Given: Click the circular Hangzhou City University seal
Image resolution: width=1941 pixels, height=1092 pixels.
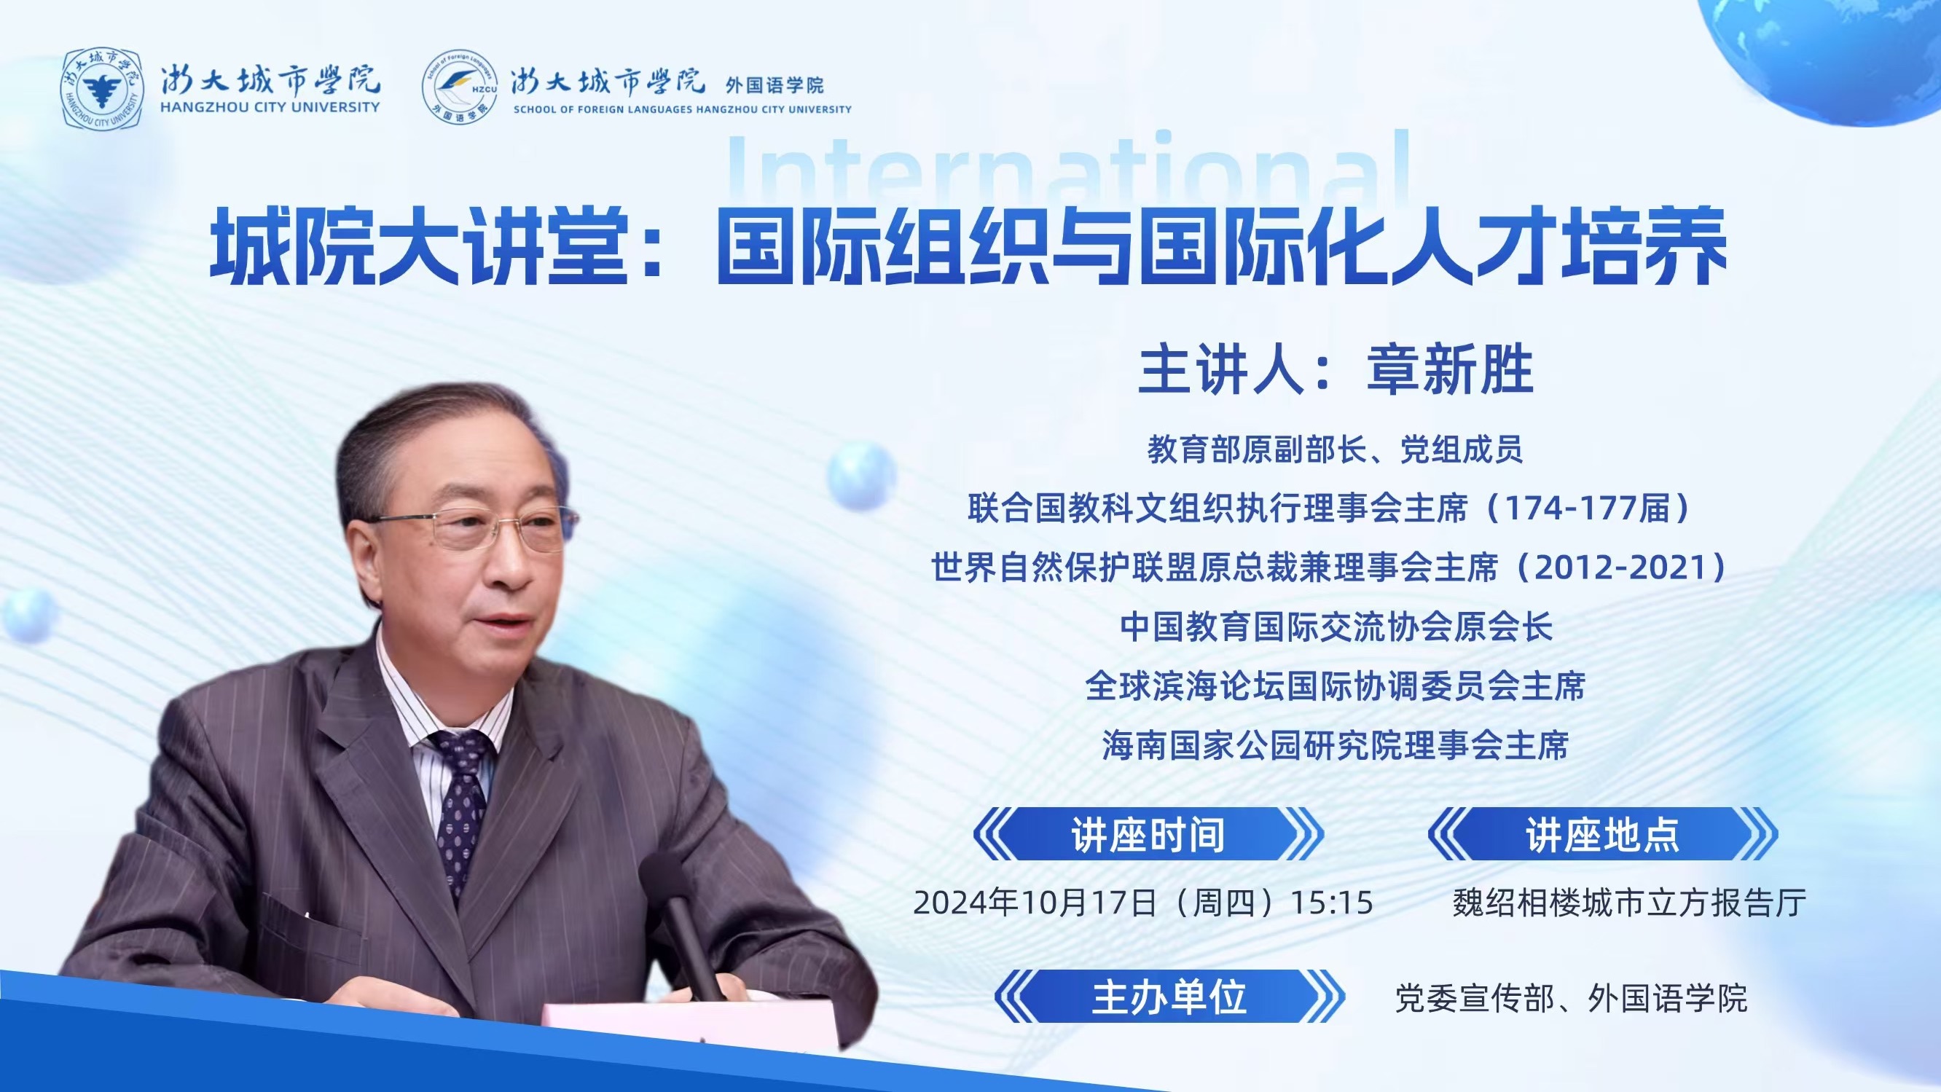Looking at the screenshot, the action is coord(102,88).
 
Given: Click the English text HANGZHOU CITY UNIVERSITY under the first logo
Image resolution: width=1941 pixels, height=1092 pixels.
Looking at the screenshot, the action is coord(270,108).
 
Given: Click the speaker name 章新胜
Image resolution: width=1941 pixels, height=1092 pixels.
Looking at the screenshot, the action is coord(1451,369).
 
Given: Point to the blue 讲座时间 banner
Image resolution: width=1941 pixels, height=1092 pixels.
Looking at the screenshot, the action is coord(1148,834).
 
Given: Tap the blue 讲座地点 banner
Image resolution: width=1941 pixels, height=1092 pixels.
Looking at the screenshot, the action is coord(1603,834).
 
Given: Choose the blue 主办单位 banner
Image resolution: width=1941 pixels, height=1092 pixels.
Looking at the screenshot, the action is coord(1169,997).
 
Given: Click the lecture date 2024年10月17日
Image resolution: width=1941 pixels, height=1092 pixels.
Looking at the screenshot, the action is coord(1034,902).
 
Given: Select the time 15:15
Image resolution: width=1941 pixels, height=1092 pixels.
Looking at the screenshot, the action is coord(1332,903).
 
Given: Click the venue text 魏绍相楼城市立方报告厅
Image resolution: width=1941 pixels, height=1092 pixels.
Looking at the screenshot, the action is coord(1629,903).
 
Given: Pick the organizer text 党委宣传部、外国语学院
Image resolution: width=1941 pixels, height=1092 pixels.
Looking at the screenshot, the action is coord(1571,998).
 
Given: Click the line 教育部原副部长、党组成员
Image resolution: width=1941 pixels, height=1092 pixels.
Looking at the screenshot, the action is coord(1335,449).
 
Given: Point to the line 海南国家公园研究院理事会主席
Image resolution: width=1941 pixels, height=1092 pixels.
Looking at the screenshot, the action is coord(1335,745).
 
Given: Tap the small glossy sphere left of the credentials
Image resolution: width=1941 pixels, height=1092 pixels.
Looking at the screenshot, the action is coord(861,476).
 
